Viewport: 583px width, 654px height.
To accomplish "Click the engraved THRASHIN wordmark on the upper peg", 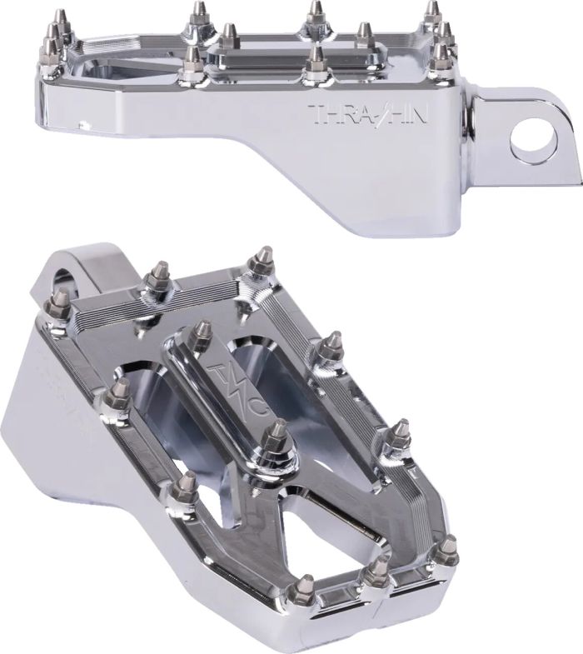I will (368, 115).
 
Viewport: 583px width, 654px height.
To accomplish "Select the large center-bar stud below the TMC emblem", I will (276, 437).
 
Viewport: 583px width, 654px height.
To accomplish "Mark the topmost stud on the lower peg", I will (262, 259).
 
